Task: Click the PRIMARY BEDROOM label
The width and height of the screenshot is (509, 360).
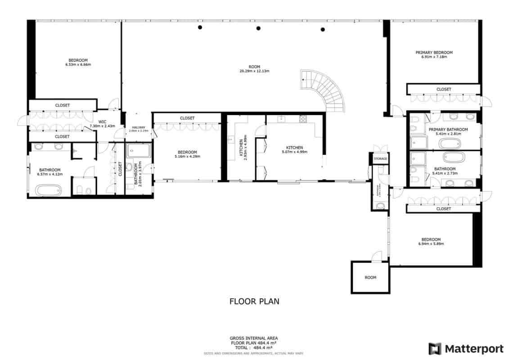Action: tap(434, 53)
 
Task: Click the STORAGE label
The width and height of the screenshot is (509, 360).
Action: tap(380, 159)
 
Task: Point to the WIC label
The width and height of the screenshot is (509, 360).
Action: tap(102, 121)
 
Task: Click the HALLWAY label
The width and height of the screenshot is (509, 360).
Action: tap(139, 127)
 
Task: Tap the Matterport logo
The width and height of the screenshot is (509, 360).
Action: tap(466, 349)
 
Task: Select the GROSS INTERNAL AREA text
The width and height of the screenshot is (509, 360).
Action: tap(254, 338)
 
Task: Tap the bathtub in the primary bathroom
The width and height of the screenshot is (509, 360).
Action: tap(450, 144)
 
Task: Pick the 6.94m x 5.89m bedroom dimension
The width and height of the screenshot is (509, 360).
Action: tap(431, 244)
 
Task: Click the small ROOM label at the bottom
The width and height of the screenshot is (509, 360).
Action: tap(370, 278)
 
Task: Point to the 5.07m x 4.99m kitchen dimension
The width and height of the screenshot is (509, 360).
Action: tap(294, 152)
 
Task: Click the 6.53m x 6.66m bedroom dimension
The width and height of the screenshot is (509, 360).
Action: tap(78, 65)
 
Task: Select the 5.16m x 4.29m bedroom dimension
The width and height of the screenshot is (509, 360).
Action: tap(187, 157)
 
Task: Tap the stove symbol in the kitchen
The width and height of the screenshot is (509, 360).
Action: tap(303, 119)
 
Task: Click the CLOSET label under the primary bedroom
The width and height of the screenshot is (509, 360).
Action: tap(444, 90)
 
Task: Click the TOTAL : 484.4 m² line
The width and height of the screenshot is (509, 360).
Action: tap(254, 348)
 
